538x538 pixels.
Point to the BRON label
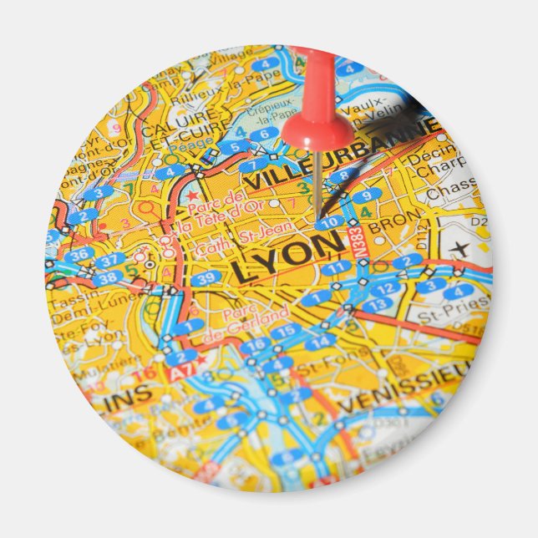point(387,226)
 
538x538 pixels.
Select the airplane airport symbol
point(460,248)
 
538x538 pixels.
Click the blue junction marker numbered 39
point(206,278)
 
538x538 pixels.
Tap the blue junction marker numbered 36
point(80,255)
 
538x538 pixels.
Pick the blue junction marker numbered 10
point(331,222)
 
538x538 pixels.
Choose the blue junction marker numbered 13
point(376,305)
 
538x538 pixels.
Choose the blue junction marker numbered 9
point(366,196)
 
